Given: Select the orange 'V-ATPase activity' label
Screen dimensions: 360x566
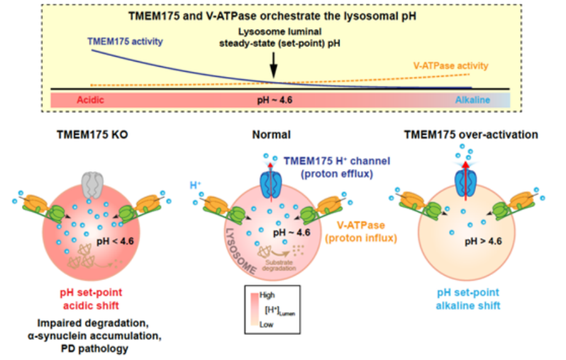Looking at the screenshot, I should (x=450, y=65).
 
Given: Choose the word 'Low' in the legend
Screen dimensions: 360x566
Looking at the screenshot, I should (x=267, y=325).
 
